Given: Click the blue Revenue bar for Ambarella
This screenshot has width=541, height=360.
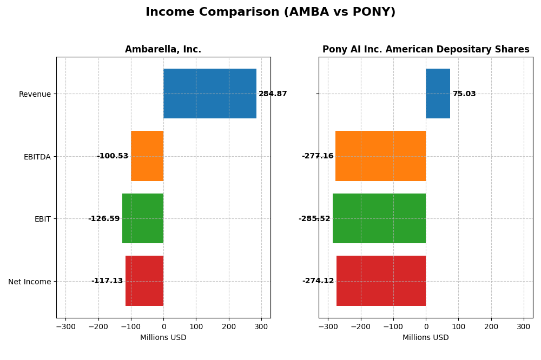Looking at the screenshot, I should point(210,94).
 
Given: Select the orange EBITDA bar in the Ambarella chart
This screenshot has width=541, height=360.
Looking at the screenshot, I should point(147,156).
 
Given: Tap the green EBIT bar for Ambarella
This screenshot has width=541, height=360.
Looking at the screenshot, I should point(143,218).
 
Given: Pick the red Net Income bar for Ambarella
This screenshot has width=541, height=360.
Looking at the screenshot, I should point(144,281).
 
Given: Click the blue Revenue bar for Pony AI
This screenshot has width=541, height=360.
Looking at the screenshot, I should point(438,94).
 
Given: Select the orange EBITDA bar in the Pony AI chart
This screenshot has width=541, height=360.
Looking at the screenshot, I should point(380,156).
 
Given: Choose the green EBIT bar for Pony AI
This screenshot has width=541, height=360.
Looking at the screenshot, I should point(379,218).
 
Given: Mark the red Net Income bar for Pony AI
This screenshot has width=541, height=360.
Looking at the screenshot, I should point(381,281).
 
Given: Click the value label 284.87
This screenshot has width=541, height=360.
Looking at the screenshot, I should point(273,94).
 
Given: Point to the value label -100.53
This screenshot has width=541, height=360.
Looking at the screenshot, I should point(113,156).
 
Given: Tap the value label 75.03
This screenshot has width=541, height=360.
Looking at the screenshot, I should point(464,94).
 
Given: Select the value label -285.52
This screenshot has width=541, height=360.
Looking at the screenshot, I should point(314,219).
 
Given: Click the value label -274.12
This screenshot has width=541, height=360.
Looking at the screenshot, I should point(318,281).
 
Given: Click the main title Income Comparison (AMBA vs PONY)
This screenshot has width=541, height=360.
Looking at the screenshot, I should point(270,12).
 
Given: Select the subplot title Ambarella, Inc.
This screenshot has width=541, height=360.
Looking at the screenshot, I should point(163,50).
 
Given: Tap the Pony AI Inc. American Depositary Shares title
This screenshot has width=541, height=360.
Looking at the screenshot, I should point(426,50).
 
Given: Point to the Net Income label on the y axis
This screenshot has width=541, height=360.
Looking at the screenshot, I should point(30,282).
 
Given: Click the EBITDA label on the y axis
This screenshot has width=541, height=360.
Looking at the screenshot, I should point(37,157).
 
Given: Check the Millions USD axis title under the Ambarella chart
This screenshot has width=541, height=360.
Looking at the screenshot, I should point(163,338).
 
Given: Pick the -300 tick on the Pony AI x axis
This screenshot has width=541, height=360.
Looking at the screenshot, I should point(328,327).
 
